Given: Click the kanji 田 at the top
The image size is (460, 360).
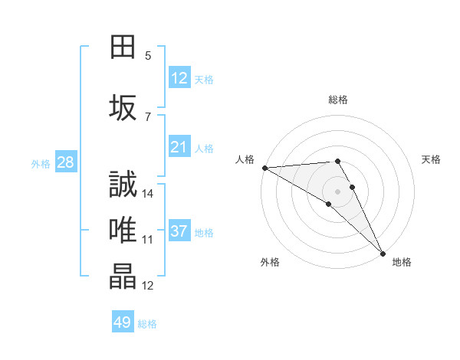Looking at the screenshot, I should click(123, 47).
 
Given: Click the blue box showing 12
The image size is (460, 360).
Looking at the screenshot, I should click(179, 78).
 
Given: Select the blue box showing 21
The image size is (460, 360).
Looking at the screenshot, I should click(179, 147).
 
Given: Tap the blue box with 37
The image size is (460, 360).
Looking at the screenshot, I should click(179, 231).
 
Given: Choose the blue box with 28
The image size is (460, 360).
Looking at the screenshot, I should click(65, 162).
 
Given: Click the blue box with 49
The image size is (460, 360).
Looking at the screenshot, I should click(123, 322).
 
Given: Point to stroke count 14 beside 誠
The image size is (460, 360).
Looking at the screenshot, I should click(149, 193).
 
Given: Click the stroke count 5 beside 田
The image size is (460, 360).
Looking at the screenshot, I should click(147, 55).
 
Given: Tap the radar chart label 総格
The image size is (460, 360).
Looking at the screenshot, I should click(337, 100).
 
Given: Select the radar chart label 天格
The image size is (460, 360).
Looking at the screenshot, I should click(432, 159).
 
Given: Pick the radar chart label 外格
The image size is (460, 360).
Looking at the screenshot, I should click(270, 262).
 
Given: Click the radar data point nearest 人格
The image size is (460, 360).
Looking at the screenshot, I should click(264, 167).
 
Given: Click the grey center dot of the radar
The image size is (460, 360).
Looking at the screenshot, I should click(337, 191).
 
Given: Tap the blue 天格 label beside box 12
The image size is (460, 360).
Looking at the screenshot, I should click(204, 79).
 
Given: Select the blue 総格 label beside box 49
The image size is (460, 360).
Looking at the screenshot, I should click(147, 324).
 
